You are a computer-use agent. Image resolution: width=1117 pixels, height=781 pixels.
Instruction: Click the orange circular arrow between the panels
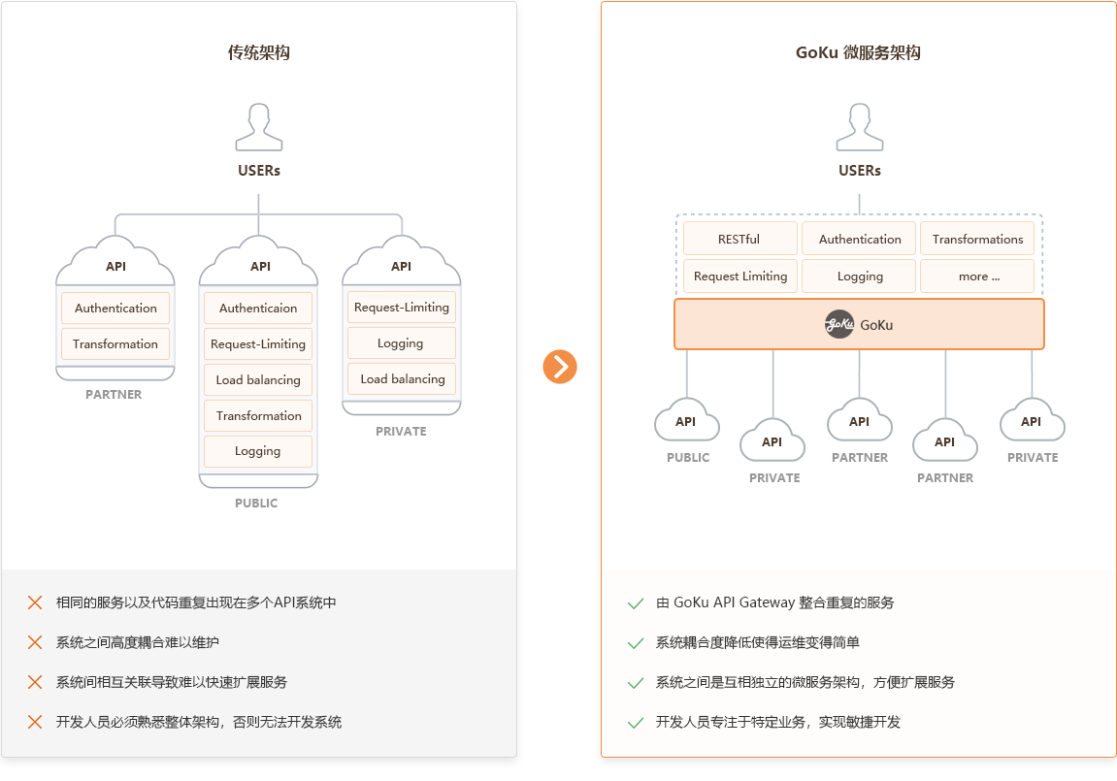(x=560, y=367)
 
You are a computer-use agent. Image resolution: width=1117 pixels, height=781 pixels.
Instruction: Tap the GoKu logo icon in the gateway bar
(x=839, y=325)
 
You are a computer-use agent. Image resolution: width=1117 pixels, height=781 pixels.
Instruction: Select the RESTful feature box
(x=739, y=239)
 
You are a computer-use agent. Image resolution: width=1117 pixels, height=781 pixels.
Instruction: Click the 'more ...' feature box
(x=977, y=276)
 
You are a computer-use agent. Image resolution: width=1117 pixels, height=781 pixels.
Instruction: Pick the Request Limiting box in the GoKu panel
(x=740, y=276)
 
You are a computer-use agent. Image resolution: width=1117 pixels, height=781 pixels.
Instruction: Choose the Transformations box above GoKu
(x=977, y=239)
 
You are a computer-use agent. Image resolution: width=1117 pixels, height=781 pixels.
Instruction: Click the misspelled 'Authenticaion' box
(x=258, y=309)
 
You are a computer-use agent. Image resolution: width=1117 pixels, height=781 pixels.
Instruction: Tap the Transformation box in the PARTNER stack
(x=115, y=343)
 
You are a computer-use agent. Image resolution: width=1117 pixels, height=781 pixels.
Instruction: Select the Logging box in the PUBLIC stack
(x=258, y=451)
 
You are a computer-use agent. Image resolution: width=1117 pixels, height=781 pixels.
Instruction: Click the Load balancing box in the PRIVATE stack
(x=402, y=378)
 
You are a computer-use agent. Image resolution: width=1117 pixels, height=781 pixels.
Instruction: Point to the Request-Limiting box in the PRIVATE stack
(x=402, y=307)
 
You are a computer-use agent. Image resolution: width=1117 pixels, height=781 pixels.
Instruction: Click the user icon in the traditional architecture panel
(x=259, y=127)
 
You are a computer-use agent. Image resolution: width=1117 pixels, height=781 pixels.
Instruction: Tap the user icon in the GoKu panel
(x=860, y=127)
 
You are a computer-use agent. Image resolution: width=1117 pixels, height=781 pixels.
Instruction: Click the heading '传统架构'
(x=258, y=52)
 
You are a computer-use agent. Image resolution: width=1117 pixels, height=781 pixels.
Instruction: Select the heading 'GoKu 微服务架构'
(x=859, y=52)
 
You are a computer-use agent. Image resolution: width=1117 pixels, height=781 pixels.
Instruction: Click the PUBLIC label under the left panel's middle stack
(x=256, y=504)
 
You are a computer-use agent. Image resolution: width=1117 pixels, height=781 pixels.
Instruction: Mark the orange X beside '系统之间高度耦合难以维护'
(x=35, y=642)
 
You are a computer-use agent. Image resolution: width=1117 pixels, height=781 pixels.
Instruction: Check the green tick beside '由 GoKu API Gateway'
(x=636, y=603)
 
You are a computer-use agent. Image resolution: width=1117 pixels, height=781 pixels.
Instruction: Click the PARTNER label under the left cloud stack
(x=114, y=395)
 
